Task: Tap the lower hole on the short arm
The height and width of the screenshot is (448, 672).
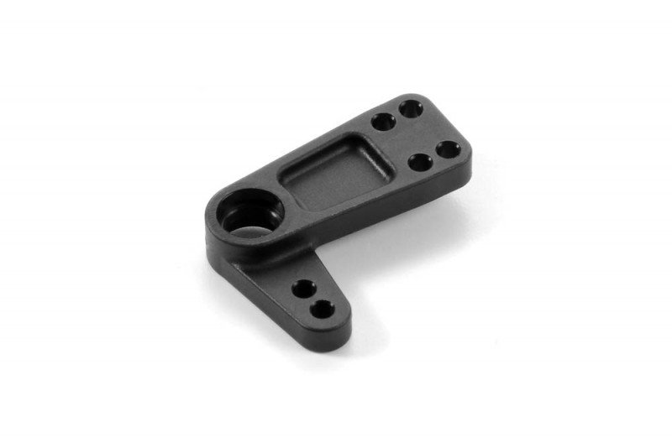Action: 322,310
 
